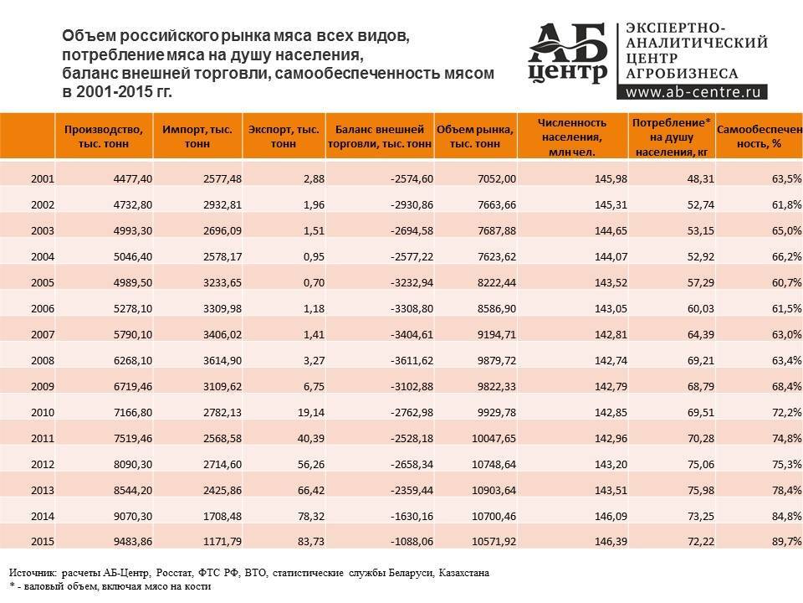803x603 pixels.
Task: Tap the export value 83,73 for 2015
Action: [x=305, y=541]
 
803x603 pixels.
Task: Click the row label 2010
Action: [x=42, y=412]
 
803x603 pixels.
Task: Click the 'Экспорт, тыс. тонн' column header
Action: [x=284, y=136]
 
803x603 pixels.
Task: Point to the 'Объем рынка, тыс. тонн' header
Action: [x=474, y=136]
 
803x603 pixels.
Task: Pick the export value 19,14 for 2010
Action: [x=305, y=412]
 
